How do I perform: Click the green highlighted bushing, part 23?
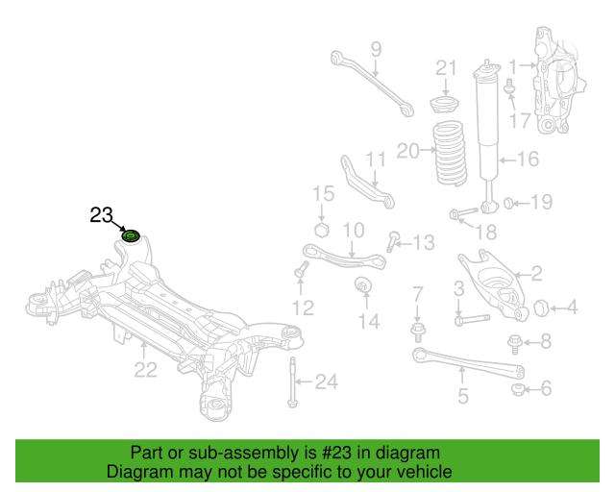pos(131,236)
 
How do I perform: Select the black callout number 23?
pos(101,215)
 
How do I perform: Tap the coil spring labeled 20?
pos(452,153)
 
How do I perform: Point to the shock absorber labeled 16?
pos(487,135)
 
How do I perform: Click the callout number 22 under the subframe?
pos(145,370)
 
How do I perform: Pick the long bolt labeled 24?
pos(292,382)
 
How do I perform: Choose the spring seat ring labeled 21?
pos(446,104)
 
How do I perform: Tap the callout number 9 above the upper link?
pos(376,50)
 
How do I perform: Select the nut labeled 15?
pos(322,230)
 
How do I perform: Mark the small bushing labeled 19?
pos(508,203)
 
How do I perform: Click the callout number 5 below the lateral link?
pos(463,396)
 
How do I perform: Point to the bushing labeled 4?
pos(541,308)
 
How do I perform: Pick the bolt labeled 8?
pos(514,344)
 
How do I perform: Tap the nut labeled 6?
pos(518,389)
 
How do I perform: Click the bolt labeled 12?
pos(301,269)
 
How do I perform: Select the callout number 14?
pos(369,322)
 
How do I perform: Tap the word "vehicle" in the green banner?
pos(426,472)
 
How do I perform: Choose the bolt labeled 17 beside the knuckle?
pos(510,87)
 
